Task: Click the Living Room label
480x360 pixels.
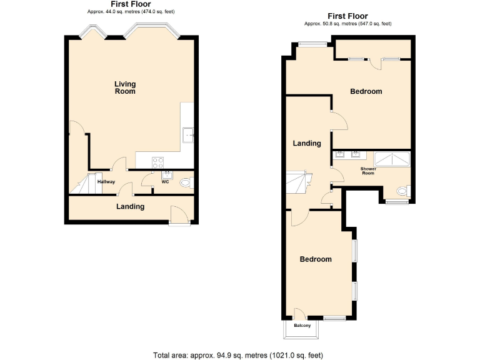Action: tap(125, 87)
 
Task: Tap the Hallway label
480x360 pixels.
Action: tap(106, 182)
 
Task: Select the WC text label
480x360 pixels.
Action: tap(166, 182)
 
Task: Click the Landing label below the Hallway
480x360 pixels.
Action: tap(131, 206)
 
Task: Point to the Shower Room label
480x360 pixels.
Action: tap(367, 171)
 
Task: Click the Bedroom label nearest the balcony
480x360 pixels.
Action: tap(315, 259)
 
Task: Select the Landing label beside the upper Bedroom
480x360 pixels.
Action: tap(307, 143)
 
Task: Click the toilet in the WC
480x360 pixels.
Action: tap(185, 183)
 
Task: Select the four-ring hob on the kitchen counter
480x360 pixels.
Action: tap(158, 162)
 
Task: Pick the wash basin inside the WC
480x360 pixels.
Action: tap(167, 174)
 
